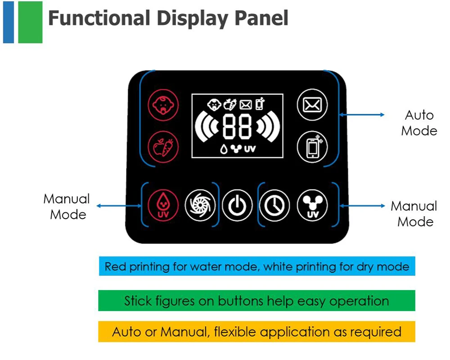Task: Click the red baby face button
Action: [163, 105]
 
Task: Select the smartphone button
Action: [312, 147]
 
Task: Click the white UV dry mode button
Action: [312, 206]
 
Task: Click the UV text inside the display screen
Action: [250, 149]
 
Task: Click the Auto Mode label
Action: [419, 123]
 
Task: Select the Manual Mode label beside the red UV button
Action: [67, 207]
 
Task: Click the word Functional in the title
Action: [99, 18]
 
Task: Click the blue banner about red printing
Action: [256, 266]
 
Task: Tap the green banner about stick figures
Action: [256, 301]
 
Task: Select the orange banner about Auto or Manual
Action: [256, 332]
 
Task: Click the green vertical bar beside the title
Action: [30, 22]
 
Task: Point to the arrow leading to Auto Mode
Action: [362, 115]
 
